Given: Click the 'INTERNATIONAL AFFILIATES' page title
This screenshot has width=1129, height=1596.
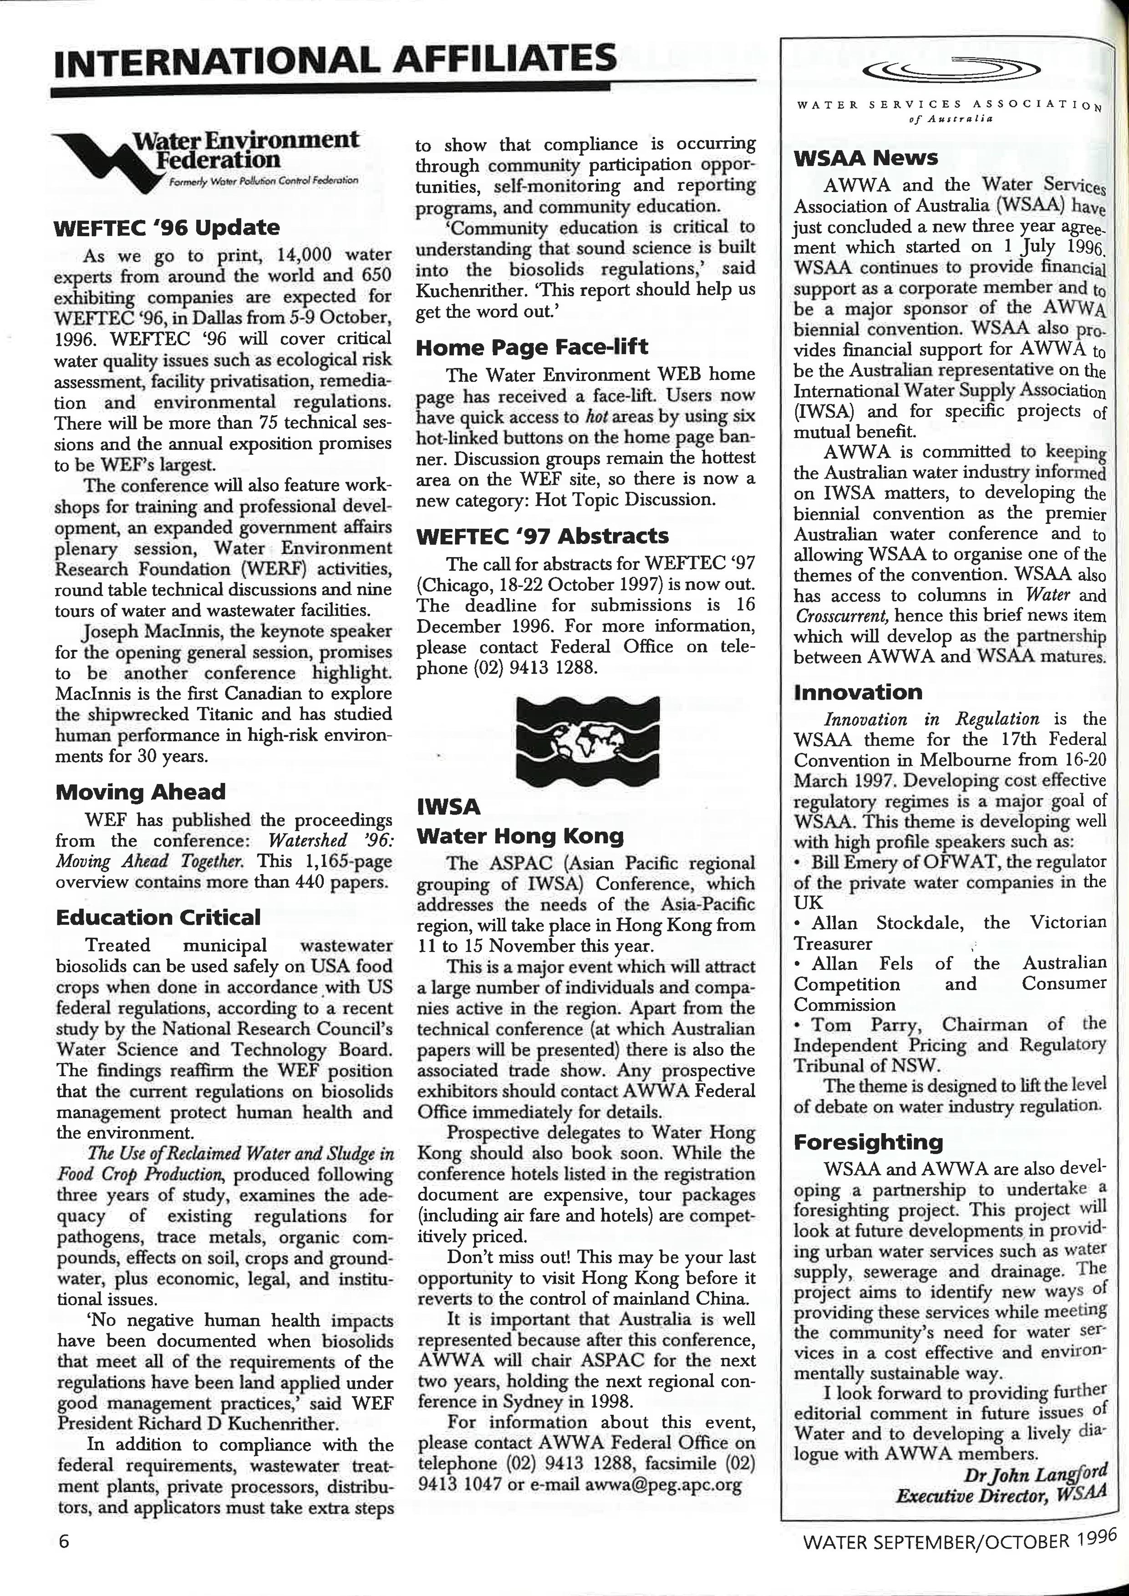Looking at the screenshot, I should (335, 58).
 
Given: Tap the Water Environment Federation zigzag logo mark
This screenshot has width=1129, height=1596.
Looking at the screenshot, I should (104, 157).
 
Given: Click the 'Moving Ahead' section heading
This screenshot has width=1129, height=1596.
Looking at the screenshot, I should (140, 792).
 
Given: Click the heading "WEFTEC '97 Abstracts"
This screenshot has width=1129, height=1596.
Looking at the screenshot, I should (542, 536).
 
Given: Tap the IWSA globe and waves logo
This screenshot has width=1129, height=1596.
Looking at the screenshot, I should (587, 738).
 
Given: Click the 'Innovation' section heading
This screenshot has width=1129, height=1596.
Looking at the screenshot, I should (858, 692).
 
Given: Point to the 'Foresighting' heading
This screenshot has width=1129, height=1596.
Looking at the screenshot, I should (868, 1142).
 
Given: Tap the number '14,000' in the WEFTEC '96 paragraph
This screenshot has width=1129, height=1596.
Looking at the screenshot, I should (305, 254).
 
